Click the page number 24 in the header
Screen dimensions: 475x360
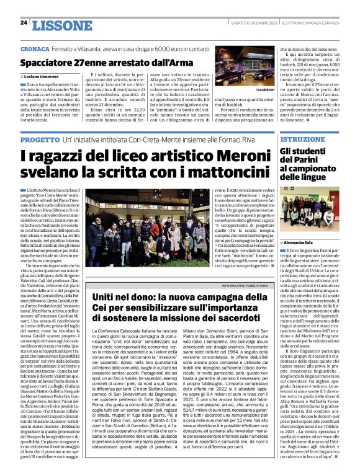[24, 23]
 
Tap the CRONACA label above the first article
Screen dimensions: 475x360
[34, 48]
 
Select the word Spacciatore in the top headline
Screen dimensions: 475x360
[48, 63]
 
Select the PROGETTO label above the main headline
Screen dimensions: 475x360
[39, 141]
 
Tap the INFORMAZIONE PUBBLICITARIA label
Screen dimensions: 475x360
[236, 284]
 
